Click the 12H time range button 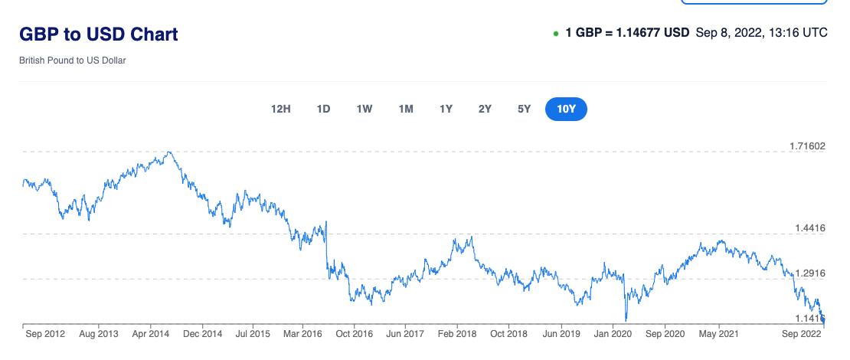point(281,109)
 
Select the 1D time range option point(323,109)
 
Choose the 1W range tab point(364,109)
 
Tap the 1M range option point(406,109)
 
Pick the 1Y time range point(446,109)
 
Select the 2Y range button point(485,109)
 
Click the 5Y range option point(524,109)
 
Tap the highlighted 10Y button point(566,109)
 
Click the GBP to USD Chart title point(99,34)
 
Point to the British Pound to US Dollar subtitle point(73,60)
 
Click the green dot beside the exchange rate point(555,34)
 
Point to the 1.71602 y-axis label point(808,146)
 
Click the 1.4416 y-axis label point(808,228)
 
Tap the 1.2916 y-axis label point(808,273)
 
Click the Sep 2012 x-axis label point(44,334)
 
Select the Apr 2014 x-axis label point(150,334)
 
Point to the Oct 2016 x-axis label point(355,334)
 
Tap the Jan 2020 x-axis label point(612,334)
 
